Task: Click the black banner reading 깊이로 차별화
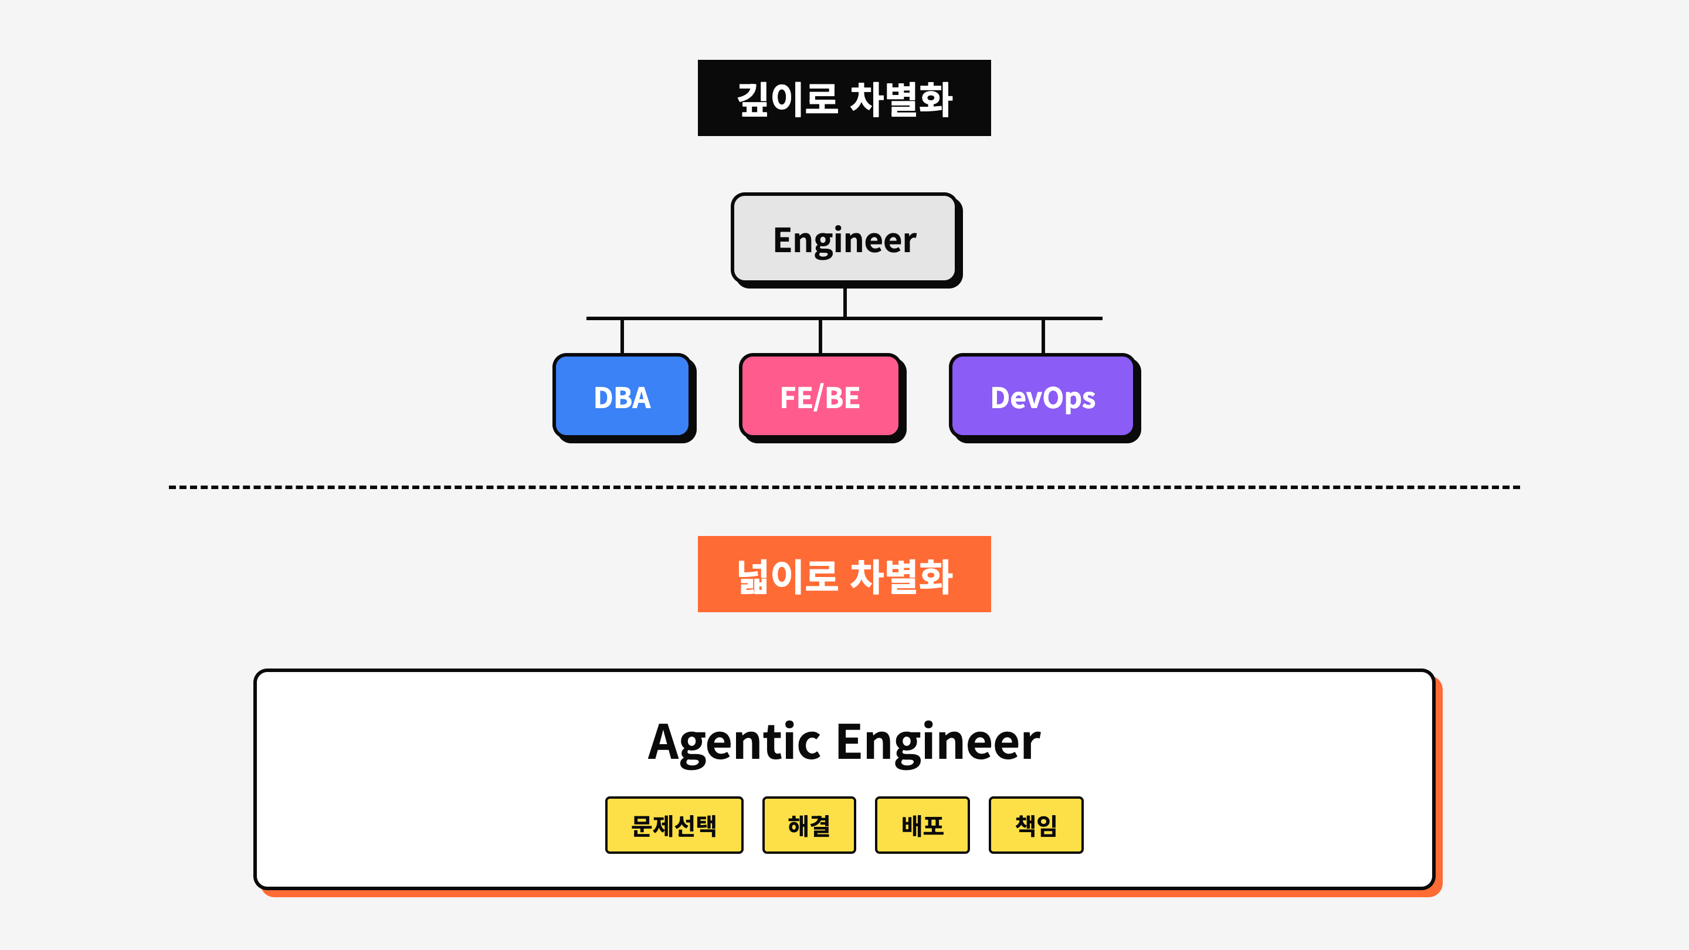pyautogui.click(x=844, y=99)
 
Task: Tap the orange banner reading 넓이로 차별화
pyautogui.click(x=844, y=574)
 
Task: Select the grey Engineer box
pyautogui.click(x=844, y=239)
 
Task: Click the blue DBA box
pyautogui.click(x=622, y=396)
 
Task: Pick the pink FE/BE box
pyautogui.click(x=820, y=396)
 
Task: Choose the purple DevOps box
pyautogui.click(x=1042, y=396)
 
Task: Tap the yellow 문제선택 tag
pyautogui.click(x=673, y=825)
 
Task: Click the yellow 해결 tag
pyautogui.click(x=809, y=825)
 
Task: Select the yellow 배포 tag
pyautogui.click(x=922, y=825)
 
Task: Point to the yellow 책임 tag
pyautogui.click(x=1035, y=825)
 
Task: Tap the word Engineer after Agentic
pyautogui.click(x=938, y=742)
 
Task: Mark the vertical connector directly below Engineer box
pyautogui.click(x=844, y=301)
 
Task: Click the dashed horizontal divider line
pyautogui.click(x=844, y=487)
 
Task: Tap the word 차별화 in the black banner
pyautogui.click(x=901, y=100)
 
